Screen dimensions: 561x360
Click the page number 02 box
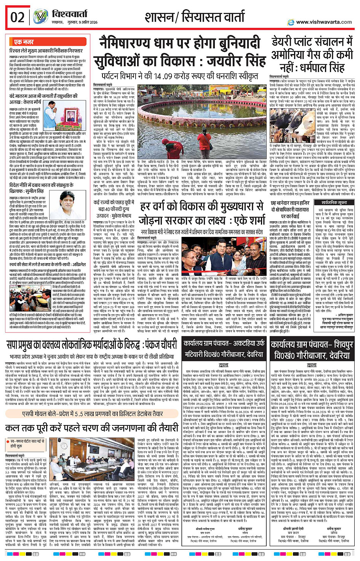[18, 18]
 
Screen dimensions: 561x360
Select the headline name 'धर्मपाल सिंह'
[323, 68]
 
